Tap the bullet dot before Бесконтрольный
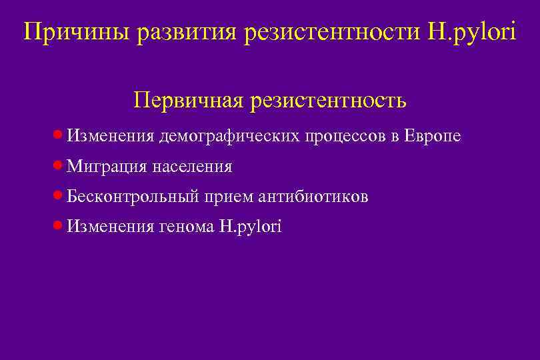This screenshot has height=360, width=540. click(58, 197)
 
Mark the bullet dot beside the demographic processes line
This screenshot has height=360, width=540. click(58, 135)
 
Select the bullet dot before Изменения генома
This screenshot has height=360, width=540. click(58, 227)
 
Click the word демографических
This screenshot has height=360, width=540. click(229, 136)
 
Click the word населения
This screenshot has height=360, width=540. click(192, 167)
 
